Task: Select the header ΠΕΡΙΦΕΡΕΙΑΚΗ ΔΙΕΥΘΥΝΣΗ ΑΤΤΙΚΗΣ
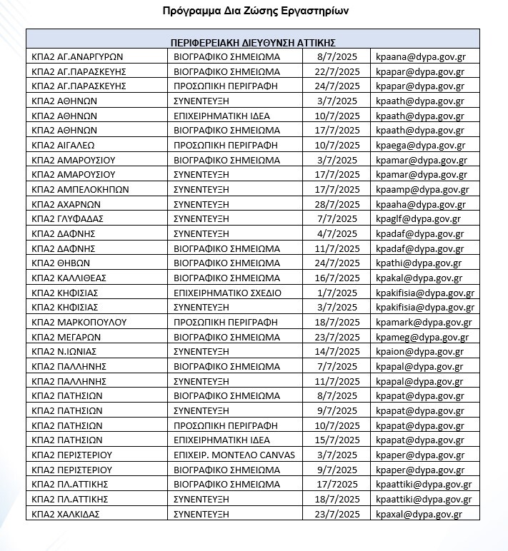[253, 42]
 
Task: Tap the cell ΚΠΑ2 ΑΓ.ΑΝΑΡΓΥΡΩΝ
[78, 56]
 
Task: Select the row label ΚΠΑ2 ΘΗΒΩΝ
[60, 263]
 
